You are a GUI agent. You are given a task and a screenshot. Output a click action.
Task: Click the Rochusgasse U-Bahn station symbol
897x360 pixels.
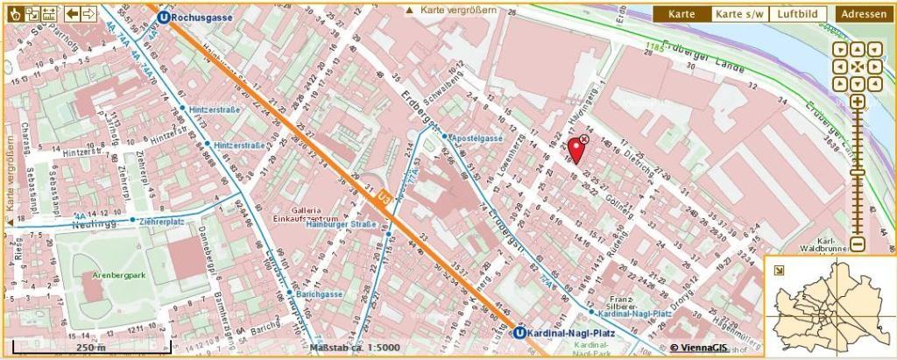(164, 16)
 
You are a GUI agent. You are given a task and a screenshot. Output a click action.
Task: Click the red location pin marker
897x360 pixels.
(575, 148)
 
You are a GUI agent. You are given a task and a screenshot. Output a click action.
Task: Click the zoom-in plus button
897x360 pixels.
(857, 102)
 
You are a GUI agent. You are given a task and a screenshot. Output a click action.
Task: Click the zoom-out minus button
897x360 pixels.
(857, 244)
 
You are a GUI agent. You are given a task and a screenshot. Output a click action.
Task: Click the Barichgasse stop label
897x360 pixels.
(318, 294)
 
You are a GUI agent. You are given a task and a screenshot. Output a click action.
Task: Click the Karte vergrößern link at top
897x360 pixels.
(451, 11)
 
